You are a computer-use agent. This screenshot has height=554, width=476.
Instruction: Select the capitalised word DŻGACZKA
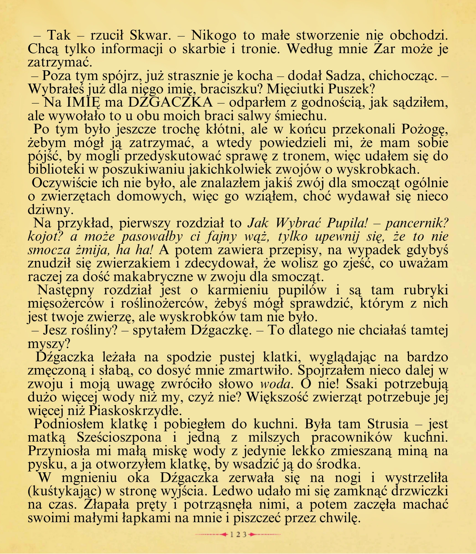point(171,102)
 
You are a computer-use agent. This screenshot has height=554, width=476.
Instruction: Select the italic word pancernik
point(417,223)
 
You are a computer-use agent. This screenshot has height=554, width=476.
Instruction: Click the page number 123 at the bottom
point(238,535)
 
